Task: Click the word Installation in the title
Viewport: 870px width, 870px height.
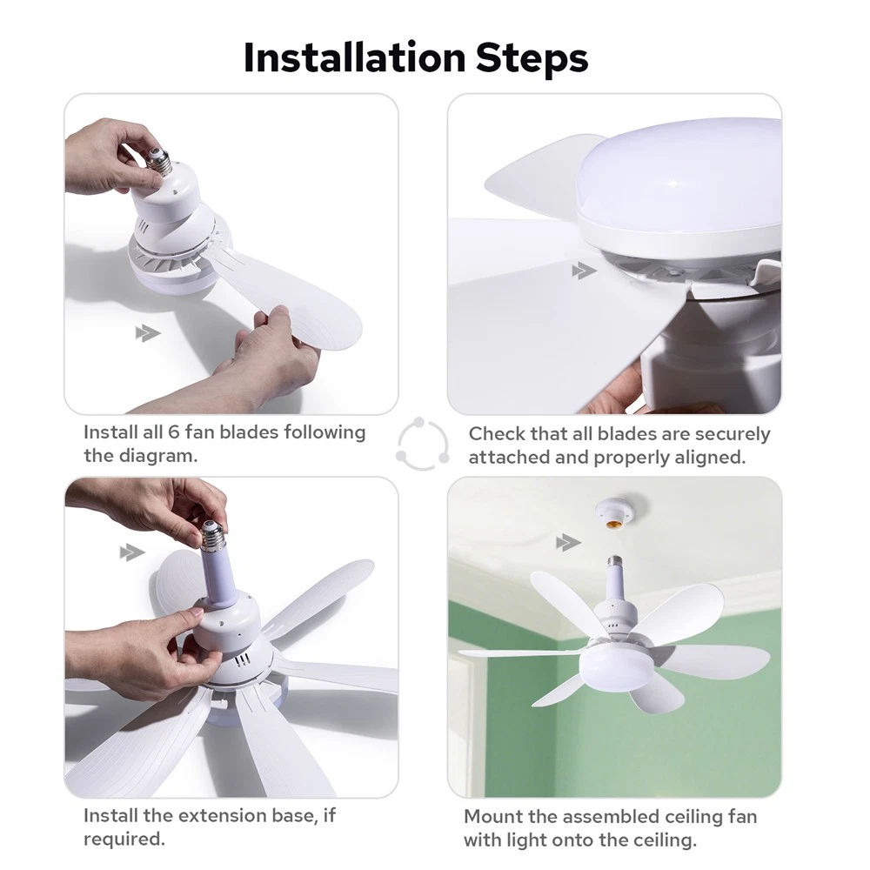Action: pos(354,57)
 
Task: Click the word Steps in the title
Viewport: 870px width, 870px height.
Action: pos(532,57)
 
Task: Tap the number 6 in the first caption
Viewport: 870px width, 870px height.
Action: pos(174,432)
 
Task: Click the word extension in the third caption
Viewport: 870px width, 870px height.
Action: pos(221,816)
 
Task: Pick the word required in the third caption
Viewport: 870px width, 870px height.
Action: pos(124,840)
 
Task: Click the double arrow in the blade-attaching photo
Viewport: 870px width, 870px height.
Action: pos(148,333)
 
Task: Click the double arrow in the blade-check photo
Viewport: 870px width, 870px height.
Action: pos(584,271)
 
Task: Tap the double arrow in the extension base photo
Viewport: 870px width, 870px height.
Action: pos(132,552)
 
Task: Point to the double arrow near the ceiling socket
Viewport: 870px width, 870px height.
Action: pos(568,543)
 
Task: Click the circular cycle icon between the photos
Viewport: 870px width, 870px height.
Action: pos(422,444)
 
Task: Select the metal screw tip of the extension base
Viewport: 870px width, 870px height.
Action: pos(214,535)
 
